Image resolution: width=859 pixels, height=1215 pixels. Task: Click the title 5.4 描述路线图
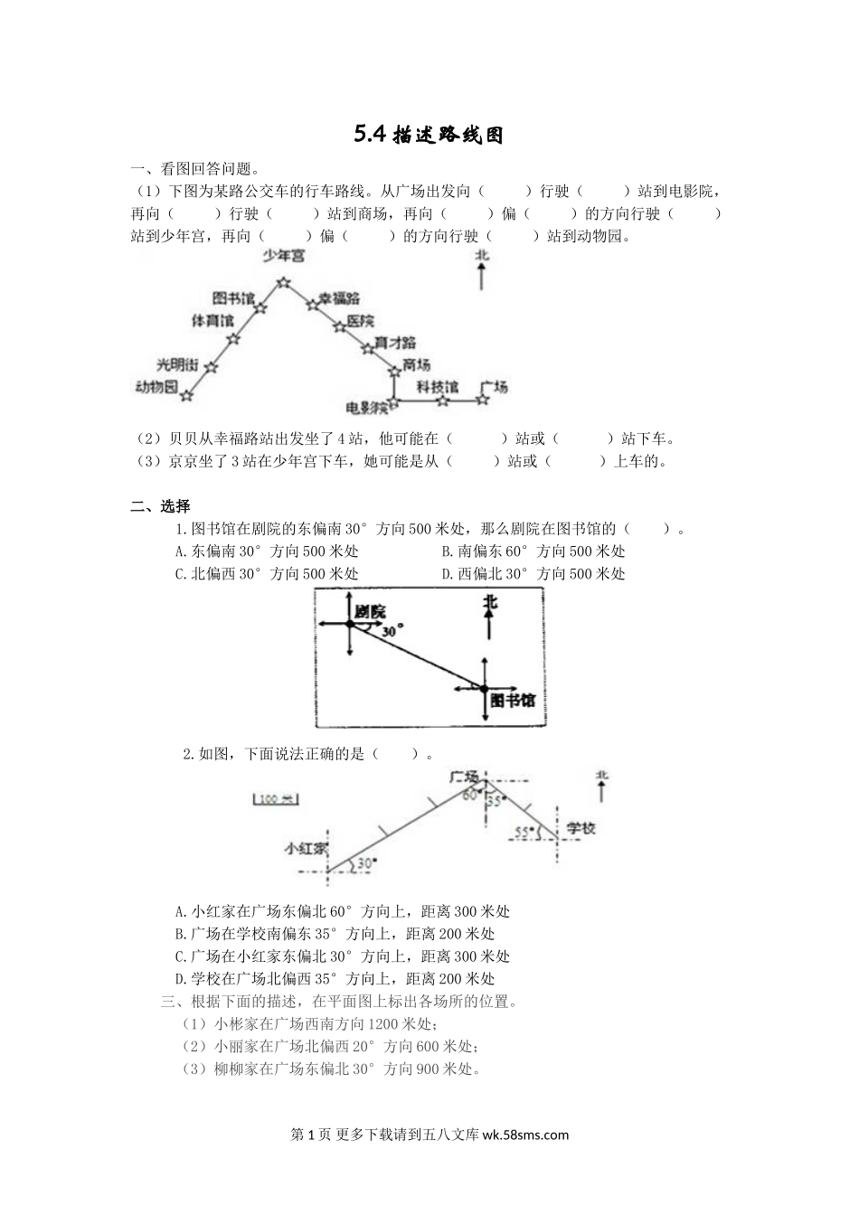point(429,135)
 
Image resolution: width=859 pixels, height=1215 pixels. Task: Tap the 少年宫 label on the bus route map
point(283,257)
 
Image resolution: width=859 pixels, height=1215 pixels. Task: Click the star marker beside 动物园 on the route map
point(186,395)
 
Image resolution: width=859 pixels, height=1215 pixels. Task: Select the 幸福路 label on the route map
point(338,297)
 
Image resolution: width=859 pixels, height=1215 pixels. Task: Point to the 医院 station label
point(361,321)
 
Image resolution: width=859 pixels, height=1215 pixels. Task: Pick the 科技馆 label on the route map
point(438,387)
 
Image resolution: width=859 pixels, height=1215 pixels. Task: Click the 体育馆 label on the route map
point(212,320)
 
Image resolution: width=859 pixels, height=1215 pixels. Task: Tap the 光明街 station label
point(176,364)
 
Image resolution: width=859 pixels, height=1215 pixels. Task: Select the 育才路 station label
point(395,343)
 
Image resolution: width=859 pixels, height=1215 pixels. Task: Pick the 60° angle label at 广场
point(469,796)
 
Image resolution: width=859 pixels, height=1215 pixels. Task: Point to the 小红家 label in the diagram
point(306,849)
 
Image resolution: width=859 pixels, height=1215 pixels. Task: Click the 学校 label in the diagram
point(581,828)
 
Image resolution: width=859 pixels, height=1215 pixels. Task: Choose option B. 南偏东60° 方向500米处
point(533,551)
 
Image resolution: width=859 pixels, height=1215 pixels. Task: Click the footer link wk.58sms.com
point(526,1135)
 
